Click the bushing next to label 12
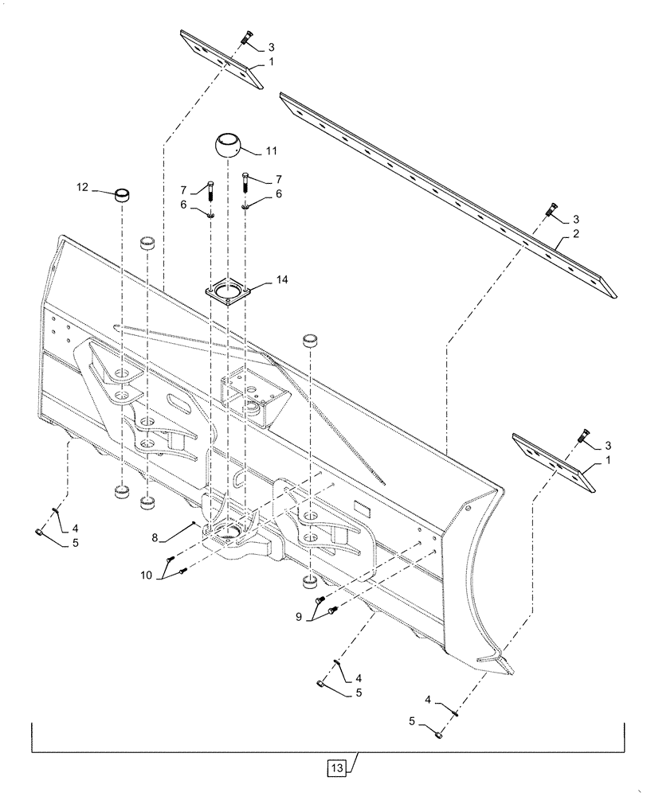tap(121, 196)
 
